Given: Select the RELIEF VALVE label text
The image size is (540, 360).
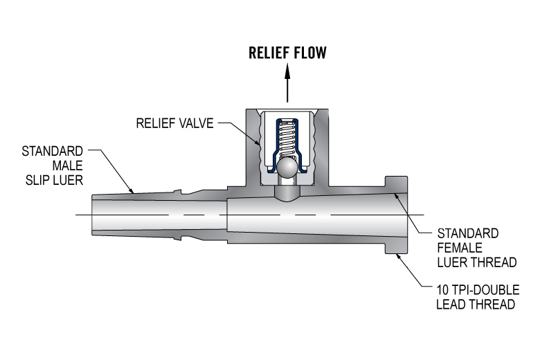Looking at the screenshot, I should tap(174, 125).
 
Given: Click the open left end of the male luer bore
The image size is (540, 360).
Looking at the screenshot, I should tap(93, 216).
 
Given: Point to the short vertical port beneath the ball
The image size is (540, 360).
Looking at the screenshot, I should tap(287, 190).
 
